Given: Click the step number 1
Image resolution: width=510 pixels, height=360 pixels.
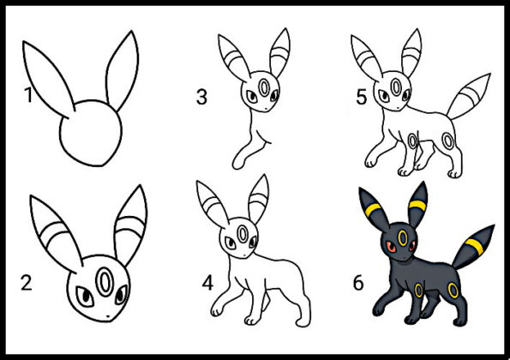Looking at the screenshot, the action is pos(28,95).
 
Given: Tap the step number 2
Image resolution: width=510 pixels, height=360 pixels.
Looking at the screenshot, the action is pos(27,283).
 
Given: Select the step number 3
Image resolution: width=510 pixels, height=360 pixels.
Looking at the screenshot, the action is pos(201,97).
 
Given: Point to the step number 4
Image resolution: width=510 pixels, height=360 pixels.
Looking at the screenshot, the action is pos(207,283).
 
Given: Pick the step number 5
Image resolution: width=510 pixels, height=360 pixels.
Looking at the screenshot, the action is pos(362,97).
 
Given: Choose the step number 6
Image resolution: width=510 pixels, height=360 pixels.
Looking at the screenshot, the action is pos(358,283).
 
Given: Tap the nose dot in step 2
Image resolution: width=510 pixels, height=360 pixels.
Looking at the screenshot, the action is pos(108,315).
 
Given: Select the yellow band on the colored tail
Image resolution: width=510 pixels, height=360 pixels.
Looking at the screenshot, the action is pos(474,247).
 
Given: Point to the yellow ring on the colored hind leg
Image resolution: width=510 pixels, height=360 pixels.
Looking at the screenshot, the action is pos(453,291).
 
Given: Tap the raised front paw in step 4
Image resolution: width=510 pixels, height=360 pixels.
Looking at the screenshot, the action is pos(216,309).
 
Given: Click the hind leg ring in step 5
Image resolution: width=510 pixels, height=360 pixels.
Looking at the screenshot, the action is pos(448,141).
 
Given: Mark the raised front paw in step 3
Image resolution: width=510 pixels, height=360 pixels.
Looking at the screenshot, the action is pos(237,163).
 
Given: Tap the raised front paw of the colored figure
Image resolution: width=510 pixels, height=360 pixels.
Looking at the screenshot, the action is pos(378,309).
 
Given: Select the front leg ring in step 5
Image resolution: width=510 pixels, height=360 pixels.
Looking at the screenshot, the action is pos(413,141).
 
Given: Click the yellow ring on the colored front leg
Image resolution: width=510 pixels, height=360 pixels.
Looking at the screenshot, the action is pos(418,291).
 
